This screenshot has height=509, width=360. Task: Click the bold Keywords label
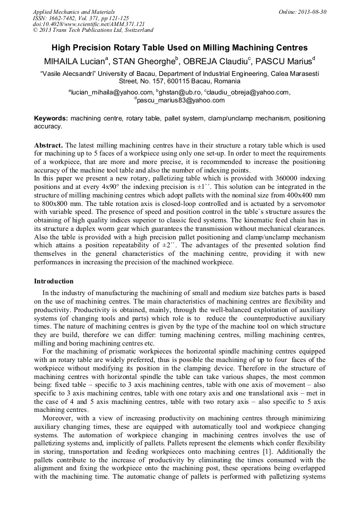51,118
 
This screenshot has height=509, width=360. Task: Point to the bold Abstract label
49,145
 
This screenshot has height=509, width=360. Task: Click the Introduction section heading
54,281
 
